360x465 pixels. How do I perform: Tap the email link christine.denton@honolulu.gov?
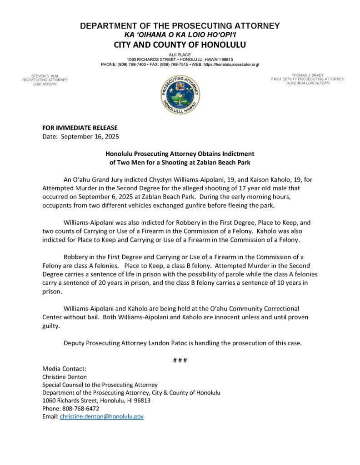(102, 416)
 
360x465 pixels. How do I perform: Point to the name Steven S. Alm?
(45, 75)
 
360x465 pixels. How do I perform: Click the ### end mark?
(180, 360)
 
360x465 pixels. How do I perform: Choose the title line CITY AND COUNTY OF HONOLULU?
(180, 45)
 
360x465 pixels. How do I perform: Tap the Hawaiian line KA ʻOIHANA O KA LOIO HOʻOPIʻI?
(180, 35)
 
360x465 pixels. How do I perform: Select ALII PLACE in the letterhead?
(180, 54)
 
